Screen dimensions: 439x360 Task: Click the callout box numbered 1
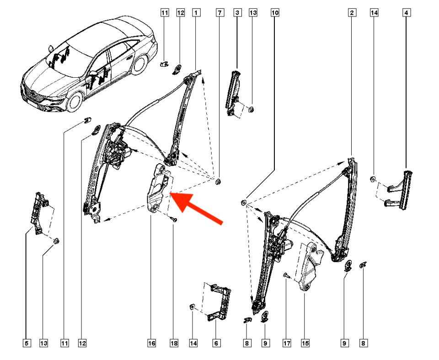196,13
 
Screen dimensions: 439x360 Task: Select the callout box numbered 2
352,13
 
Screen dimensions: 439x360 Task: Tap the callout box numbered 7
220,13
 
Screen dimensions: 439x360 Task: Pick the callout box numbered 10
275,13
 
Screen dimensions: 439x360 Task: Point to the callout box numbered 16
151,343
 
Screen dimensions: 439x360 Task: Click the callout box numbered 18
174,343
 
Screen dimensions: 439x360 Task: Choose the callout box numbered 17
287,343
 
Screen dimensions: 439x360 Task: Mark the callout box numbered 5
27,343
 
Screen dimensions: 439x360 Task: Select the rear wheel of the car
140,64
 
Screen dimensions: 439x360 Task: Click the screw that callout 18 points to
174,220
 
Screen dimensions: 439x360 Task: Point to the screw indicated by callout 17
286,276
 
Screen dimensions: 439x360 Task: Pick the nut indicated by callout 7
218,182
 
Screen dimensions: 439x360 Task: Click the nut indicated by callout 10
244,202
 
